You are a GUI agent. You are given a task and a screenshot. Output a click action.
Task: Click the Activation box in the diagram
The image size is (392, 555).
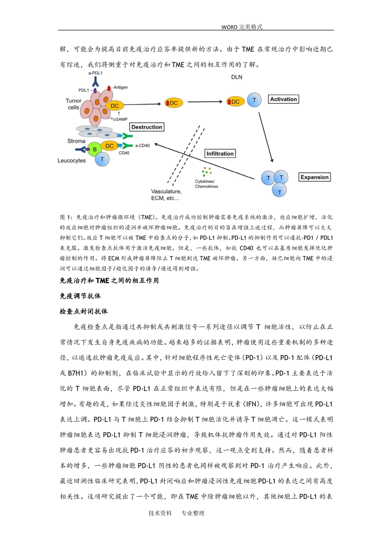tap(283, 100)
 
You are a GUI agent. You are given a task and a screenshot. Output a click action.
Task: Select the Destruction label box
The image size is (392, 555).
tap(146, 127)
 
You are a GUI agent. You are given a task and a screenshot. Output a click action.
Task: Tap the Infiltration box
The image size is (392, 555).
tap(220, 154)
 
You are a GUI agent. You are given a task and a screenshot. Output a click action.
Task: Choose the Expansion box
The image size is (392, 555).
tap(314, 177)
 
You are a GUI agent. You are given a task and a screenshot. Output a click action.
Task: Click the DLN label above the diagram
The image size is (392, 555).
tap(237, 77)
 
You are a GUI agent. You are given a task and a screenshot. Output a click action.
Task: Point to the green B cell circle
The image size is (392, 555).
tap(94, 149)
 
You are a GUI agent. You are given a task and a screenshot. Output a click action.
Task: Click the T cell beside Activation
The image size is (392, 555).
tap(254, 100)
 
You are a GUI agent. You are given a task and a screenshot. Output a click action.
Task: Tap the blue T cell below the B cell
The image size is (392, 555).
tap(102, 159)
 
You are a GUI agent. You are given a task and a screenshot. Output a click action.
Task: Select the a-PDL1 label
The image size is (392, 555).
tap(95, 73)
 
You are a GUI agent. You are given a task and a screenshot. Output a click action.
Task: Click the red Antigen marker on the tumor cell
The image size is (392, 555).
tap(109, 88)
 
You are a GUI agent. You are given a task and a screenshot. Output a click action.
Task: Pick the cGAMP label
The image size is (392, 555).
tap(120, 119)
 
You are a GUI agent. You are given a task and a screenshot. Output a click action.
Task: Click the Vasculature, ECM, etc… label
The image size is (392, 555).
tap(166, 195)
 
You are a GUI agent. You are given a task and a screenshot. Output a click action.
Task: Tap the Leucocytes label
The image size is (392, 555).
tap(72, 161)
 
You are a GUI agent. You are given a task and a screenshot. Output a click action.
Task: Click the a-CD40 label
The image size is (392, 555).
tap(142, 146)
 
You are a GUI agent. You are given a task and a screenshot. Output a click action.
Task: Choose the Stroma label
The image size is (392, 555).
tap(76, 141)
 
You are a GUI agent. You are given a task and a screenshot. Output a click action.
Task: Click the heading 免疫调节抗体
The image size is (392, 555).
tap(80, 296)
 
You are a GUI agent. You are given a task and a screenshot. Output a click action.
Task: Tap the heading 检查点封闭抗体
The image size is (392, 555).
tap(83, 311)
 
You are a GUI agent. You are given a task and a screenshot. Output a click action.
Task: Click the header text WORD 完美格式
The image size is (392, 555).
tap(242, 27)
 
